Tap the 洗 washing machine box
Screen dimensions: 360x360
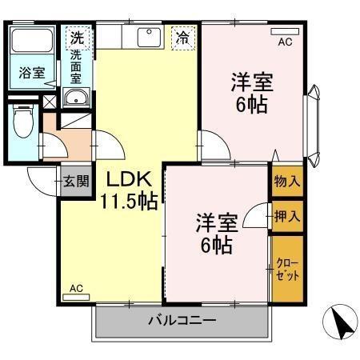click(76, 37)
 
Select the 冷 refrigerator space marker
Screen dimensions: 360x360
click(183, 37)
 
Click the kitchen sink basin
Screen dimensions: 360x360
click(149, 37)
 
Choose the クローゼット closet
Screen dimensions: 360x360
click(287, 270)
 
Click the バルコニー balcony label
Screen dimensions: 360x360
click(182, 322)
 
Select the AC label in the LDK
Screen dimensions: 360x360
click(76, 288)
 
